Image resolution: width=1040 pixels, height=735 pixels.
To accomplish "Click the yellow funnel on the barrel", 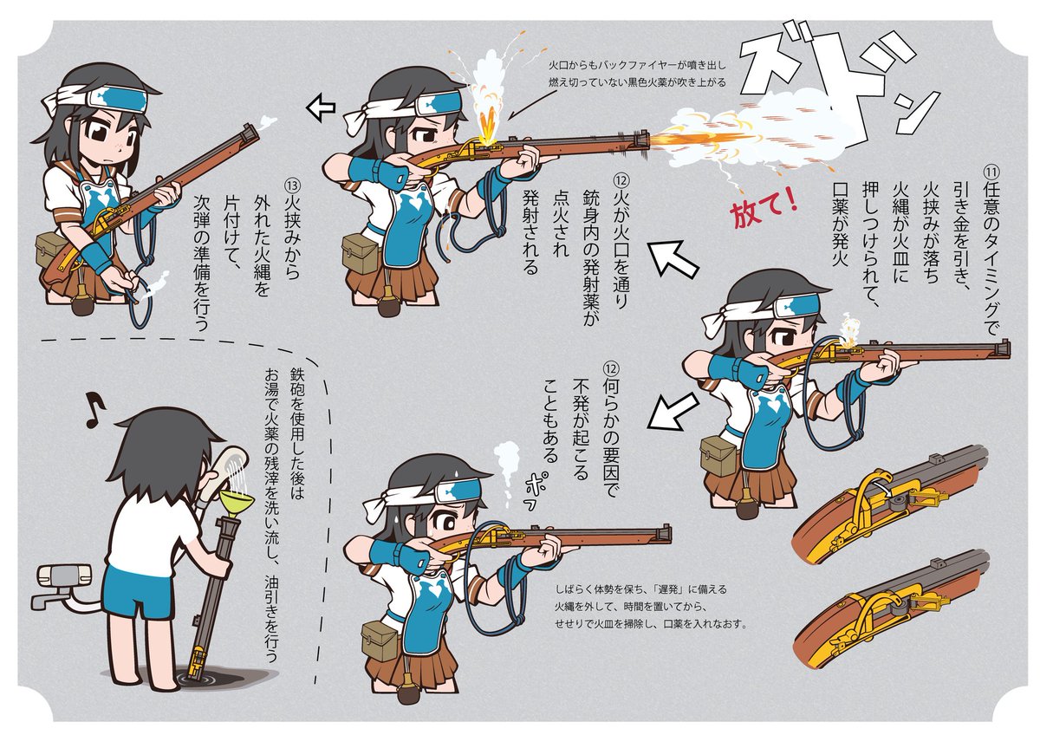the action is [x=237, y=504].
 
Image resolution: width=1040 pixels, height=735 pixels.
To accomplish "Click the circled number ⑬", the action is [x=292, y=185].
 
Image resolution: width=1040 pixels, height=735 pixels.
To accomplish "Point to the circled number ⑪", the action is [x=990, y=172].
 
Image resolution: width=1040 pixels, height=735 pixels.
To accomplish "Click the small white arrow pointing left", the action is [x=321, y=107].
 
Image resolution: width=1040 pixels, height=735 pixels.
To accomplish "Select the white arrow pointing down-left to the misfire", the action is [x=673, y=413].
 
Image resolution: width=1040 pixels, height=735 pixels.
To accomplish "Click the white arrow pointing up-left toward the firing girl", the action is [x=673, y=260].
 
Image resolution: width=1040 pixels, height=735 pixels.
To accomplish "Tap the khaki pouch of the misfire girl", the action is [x=380, y=641].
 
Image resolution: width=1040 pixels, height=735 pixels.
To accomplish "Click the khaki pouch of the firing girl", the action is [x=361, y=253].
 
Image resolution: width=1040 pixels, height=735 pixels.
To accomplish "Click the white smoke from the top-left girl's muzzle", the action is [x=269, y=122].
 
